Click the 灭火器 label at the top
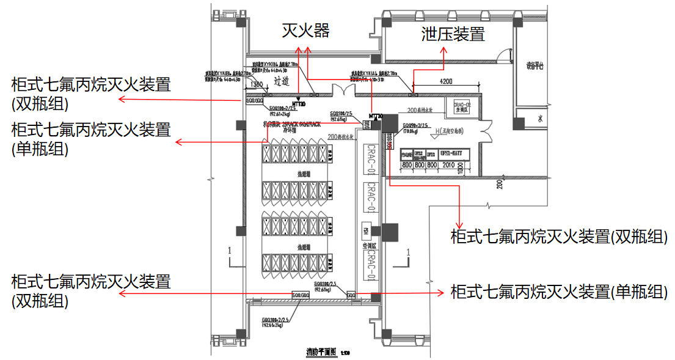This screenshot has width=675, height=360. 305,31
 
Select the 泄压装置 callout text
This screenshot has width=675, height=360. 453,34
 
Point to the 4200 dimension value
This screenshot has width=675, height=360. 445,81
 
